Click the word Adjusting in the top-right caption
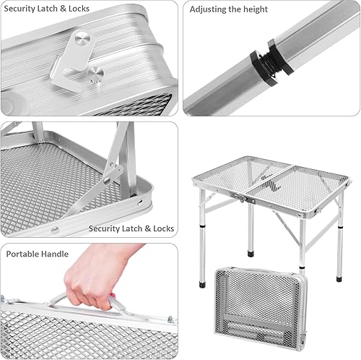pos(211,9)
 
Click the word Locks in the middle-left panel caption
pos(161,228)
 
